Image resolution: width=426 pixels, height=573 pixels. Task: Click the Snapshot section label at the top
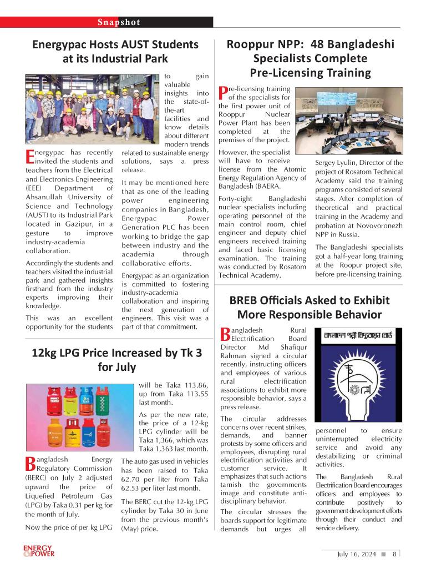pos(119,22)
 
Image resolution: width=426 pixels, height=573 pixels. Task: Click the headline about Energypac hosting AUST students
pos(115,51)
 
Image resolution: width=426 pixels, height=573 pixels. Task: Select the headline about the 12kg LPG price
pos(116,360)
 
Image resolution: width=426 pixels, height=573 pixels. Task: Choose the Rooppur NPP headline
pos(311,58)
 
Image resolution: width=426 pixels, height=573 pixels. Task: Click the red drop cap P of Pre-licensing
pos(224,94)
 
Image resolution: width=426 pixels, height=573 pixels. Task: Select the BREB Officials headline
pos(310,308)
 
